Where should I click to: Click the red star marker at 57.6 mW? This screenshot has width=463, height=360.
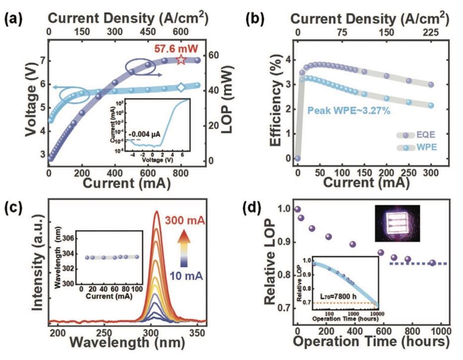[181, 60]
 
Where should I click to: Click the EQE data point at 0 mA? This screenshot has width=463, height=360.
[297, 158]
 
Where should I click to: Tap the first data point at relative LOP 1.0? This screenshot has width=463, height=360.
[297, 209]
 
